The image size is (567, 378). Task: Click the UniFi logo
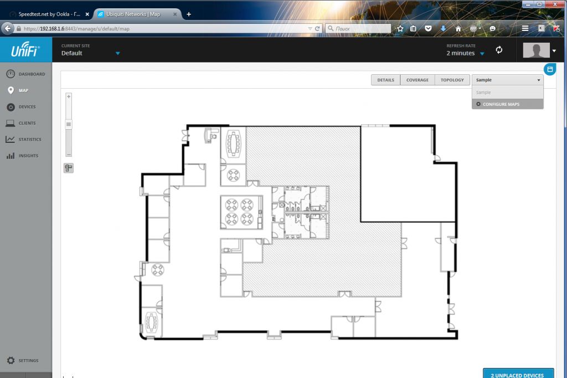click(x=25, y=49)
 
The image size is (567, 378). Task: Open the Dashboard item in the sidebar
click(x=25, y=74)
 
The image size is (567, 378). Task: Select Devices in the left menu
click(x=21, y=107)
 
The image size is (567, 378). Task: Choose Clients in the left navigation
click(x=21, y=123)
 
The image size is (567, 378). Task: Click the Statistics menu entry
click(x=23, y=140)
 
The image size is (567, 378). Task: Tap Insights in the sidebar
click(x=22, y=156)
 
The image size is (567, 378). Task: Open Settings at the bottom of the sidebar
click(x=22, y=361)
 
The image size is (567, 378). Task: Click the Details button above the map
click(x=385, y=80)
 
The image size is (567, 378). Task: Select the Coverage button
click(x=417, y=80)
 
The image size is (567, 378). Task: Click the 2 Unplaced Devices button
click(x=518, y=374)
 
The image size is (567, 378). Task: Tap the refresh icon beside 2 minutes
click(x=499, y=50)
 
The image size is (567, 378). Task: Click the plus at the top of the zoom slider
click(x=69, y=96)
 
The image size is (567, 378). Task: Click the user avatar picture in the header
click(x=536, y=50)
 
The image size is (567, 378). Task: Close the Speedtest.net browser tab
click(x=87, y=14)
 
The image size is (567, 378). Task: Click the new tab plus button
click(x=189, y=14)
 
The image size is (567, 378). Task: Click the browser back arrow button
click(x=8, y=28)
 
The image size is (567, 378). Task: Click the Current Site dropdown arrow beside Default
click(x=117, y=54)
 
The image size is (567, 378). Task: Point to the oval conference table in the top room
click(x=233, y=143)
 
